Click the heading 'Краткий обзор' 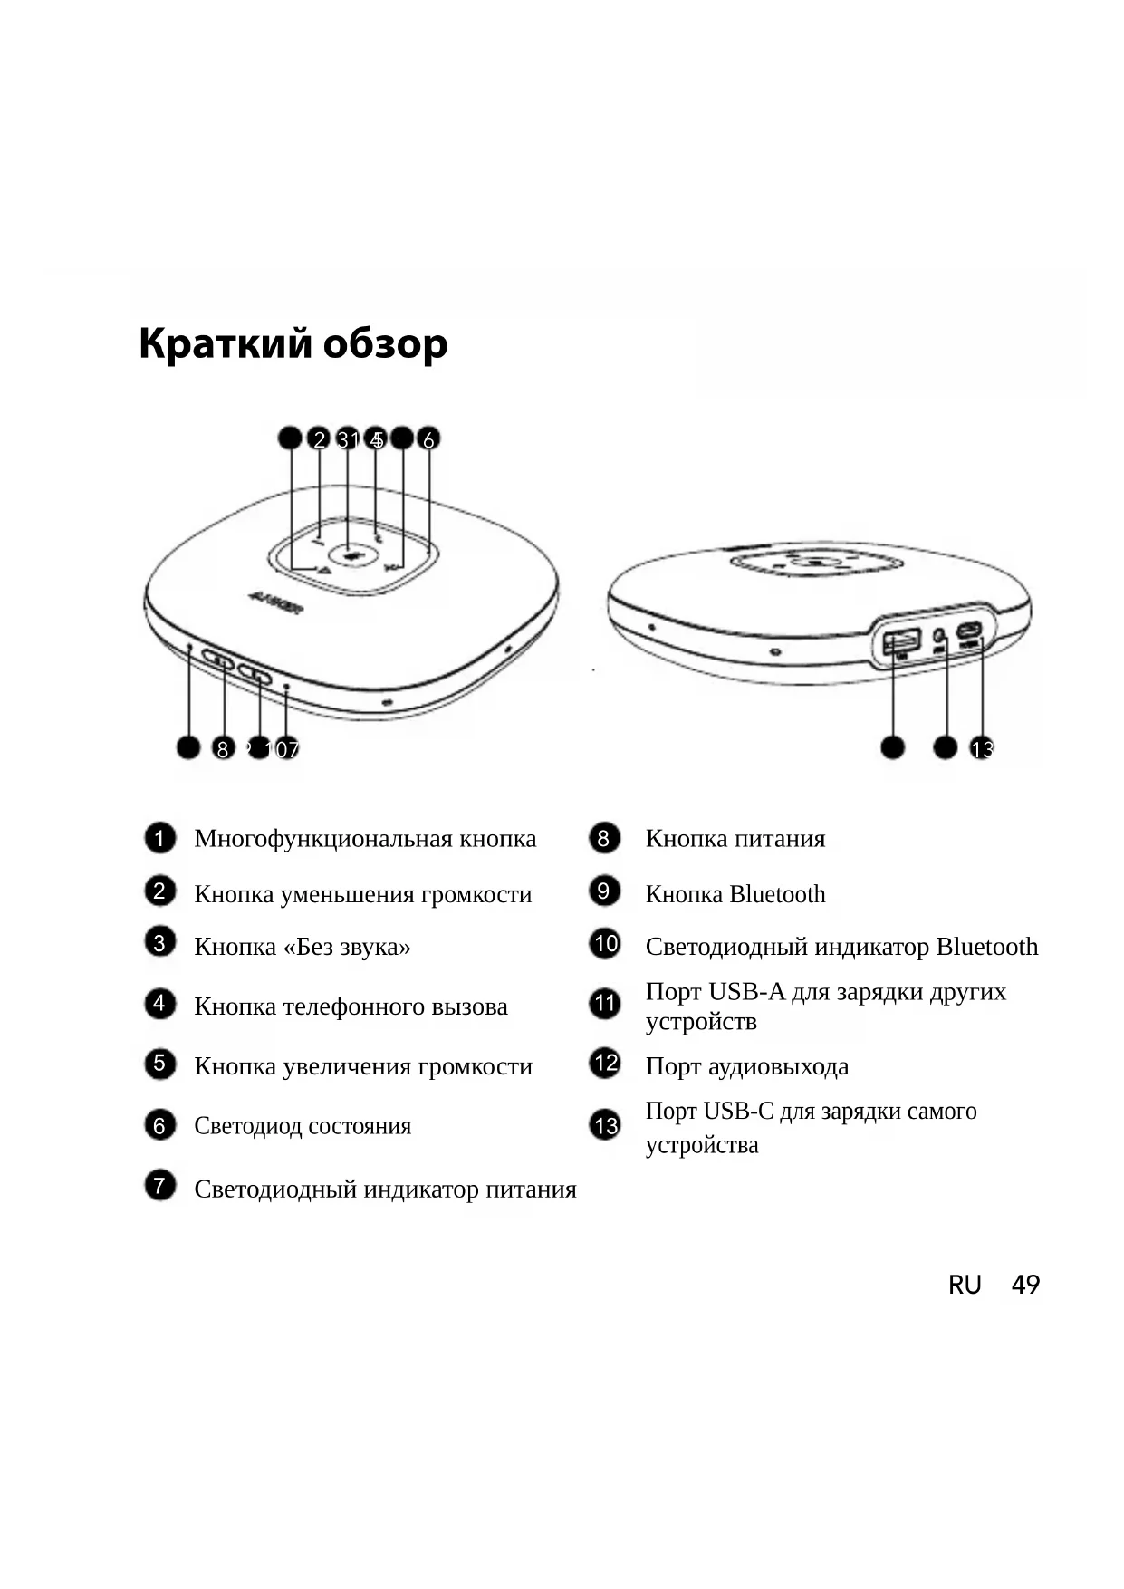(x=293, y=344)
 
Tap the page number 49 (x=1025, y=1285)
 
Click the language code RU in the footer (x=965, y=1285)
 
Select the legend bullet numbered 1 (x=159, y=838)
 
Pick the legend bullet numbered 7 (x=159, y=1186)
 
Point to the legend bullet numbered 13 (x=604, y=1125)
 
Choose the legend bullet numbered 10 (x=604, y=944)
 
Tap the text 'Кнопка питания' (x=735, y=839)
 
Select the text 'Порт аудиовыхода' (x=746, y=1066)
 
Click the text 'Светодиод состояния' (x=303, y=1126)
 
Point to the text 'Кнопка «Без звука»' (x=303, y=947)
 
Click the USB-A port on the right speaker (x=900, y=641)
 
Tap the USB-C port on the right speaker (x=970, y=631)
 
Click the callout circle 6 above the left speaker (x=428, y=439)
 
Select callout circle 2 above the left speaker (x=318, y=439)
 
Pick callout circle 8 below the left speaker (x=222, y=749)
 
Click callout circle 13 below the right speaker (x=981, y=749)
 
